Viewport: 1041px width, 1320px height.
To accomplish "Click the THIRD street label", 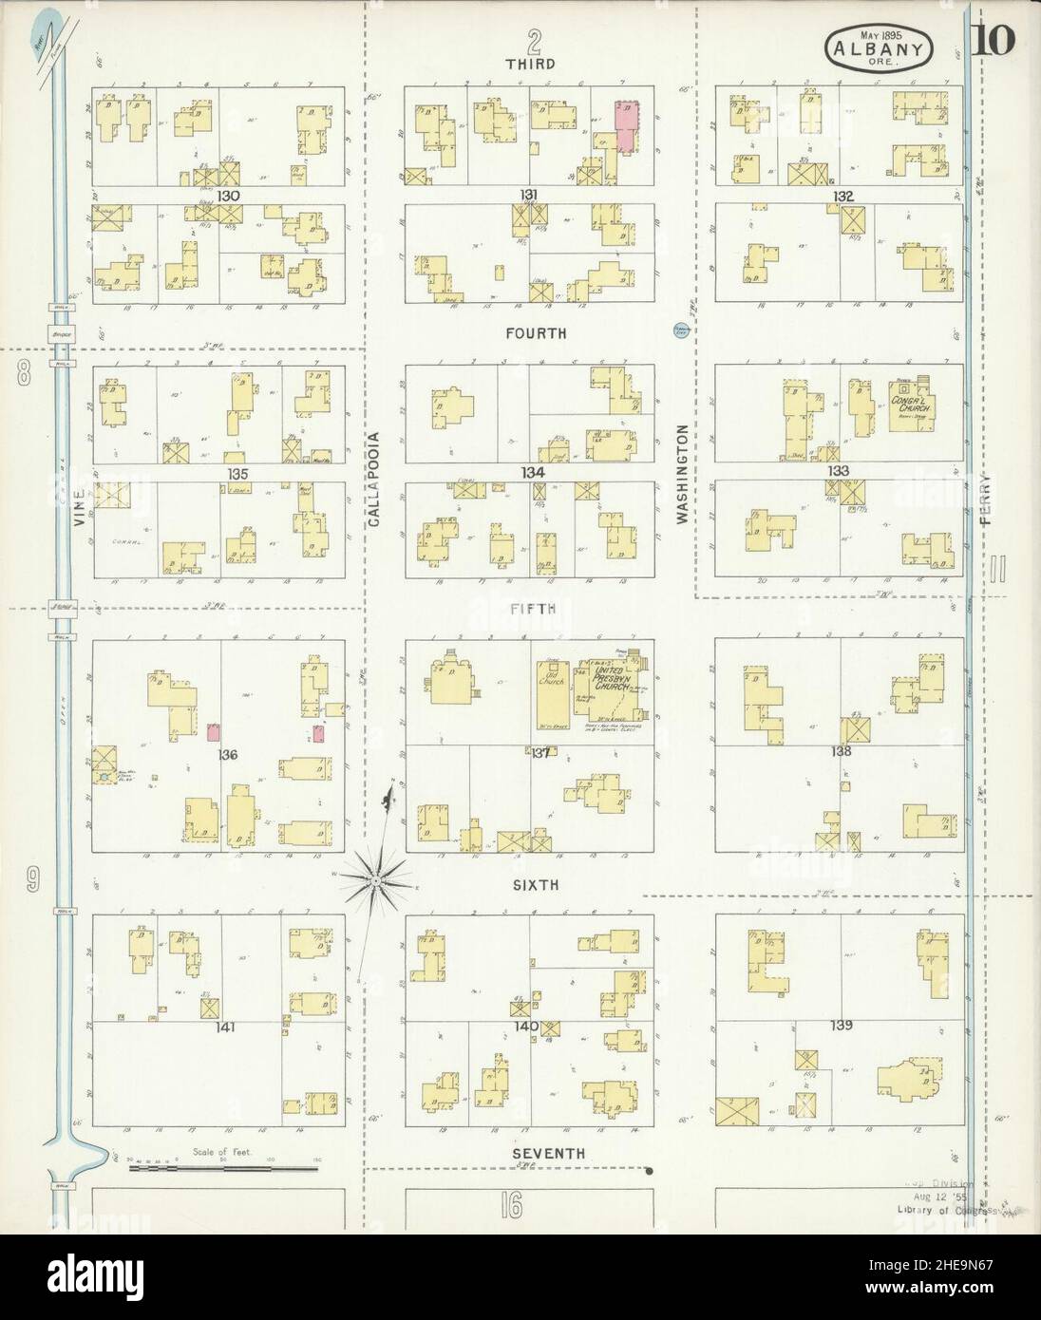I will click(531, 65).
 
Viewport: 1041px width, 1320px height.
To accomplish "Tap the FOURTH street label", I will click(536, 333).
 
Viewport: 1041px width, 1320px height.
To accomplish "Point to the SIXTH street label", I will click(535, 884).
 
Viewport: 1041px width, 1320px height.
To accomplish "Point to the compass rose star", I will click(376, 881).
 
